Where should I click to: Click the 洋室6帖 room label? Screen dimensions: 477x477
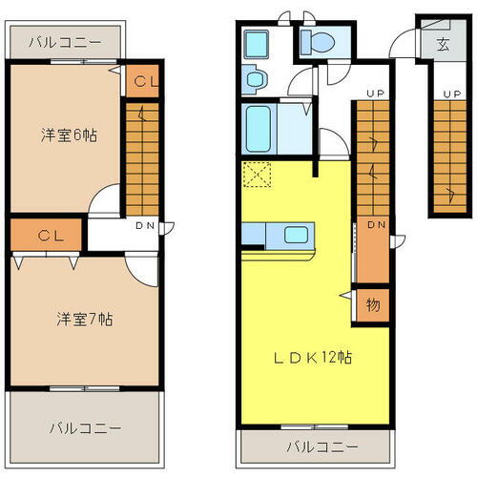pos(70,135)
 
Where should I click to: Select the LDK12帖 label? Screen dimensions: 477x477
pos(315,358)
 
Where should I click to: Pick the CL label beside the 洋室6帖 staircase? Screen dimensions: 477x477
pos(144,81)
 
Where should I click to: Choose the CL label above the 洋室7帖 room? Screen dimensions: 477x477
pos(50,234)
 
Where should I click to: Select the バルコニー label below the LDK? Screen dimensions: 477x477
pos(321,446)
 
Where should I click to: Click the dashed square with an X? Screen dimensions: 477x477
pos(257,175)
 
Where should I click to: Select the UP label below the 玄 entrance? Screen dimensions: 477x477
pos(446,93)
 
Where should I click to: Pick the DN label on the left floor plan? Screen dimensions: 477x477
pos(145,226)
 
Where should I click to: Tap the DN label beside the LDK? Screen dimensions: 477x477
pos(375,226)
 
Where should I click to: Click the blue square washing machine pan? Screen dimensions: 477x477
pos(257,44)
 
